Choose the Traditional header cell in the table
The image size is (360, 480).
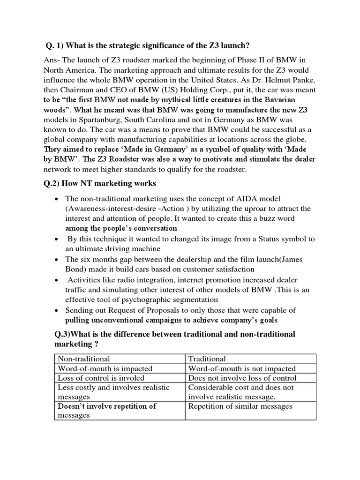pos(207,359)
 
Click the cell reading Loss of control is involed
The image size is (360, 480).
pos(101,378)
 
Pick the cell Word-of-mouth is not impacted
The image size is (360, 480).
pos(242,368)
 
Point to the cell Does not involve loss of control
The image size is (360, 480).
pos(242,378)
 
